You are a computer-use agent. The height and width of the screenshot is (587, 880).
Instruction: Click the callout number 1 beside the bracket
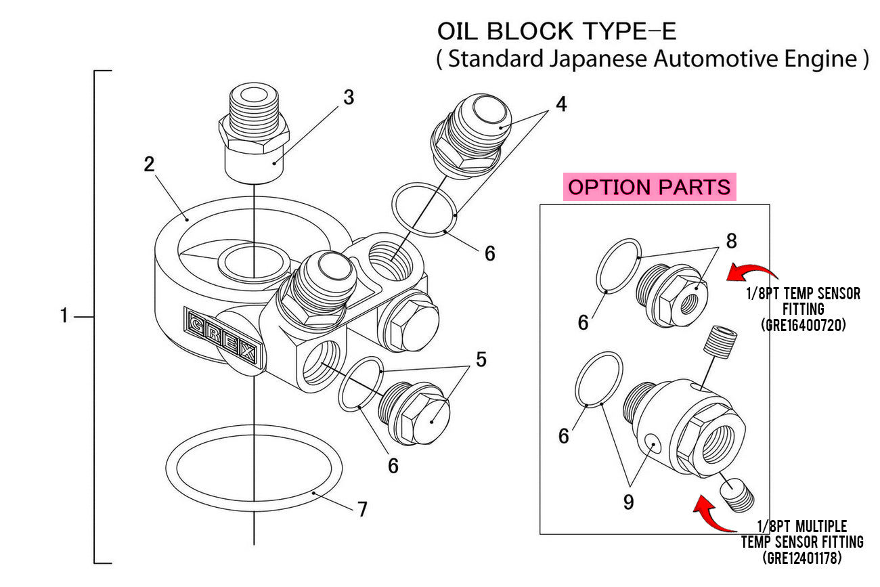pos(64,316)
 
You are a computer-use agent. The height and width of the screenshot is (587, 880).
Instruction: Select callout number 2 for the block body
pos(149,165)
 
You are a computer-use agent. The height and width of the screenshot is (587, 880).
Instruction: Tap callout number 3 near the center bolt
pos(348,97)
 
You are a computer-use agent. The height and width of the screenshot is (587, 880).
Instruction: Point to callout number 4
pos(561,105)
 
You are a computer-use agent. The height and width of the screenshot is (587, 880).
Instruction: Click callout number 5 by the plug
pos(480,359)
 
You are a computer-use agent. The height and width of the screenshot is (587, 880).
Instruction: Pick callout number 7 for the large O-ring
pos(362,508)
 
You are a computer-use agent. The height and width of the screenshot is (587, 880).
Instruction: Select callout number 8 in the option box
pos(731,240)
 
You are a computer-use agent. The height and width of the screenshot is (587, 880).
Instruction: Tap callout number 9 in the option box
pos(629,503)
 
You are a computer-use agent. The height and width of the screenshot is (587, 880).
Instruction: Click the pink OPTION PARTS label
pos(650,187)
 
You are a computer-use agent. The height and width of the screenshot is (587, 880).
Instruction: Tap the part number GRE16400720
pos(804,324)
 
